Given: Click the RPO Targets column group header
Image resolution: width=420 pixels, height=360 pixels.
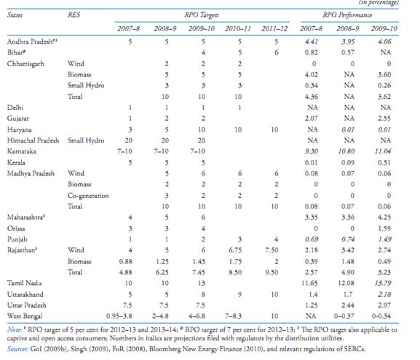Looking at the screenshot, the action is (202, 15).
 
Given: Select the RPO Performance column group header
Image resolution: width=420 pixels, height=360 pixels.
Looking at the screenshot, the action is (347, 15).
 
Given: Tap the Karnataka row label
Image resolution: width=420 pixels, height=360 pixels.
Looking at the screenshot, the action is (22, 151).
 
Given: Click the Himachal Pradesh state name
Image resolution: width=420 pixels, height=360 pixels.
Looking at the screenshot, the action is (33, 140).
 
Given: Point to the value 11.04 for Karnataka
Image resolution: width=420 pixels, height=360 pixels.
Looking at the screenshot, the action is (383, 151).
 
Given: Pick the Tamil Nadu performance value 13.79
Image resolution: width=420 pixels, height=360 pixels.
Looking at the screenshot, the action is (383, 283).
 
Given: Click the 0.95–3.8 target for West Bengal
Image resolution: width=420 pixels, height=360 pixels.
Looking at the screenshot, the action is (119, 316).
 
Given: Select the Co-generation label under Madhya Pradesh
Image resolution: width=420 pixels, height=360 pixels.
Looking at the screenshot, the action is (88, 196).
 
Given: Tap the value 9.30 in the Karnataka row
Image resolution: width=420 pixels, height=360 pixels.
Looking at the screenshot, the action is (312, 151).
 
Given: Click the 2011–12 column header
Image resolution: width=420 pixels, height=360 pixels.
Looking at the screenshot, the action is (274, 28).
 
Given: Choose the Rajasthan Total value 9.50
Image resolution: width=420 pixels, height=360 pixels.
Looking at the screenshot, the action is (272, 272).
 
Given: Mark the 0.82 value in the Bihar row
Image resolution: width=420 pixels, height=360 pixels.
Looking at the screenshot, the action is (312, 52).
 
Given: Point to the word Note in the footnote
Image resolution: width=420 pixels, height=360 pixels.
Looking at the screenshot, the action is (14, 329).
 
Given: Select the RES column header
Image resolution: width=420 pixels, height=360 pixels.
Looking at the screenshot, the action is (74, 15).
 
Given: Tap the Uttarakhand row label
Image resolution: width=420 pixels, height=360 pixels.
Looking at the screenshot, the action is (25, 294).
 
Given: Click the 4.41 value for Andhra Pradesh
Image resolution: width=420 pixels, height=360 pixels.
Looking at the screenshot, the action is (312, 41).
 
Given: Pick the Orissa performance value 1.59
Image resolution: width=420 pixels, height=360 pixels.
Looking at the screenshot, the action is (384, 228).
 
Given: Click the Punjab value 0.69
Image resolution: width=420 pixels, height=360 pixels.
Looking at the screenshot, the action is (312, 239).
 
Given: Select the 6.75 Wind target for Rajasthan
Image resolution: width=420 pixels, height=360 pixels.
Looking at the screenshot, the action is (235, 250).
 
